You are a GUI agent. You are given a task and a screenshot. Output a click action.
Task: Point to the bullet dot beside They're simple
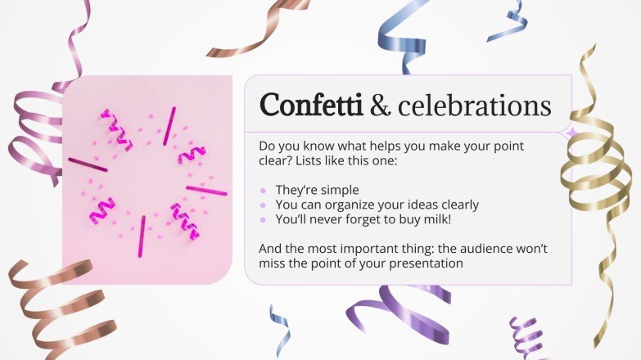click(263, 190)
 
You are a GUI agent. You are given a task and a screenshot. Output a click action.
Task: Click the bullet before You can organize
click(263, 205)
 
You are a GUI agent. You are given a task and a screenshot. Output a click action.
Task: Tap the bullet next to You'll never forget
click(263, 219)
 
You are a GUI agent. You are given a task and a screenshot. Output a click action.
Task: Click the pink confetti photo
click(147, 180)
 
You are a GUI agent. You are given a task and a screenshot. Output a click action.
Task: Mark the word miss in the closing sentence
click(273, 263)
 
